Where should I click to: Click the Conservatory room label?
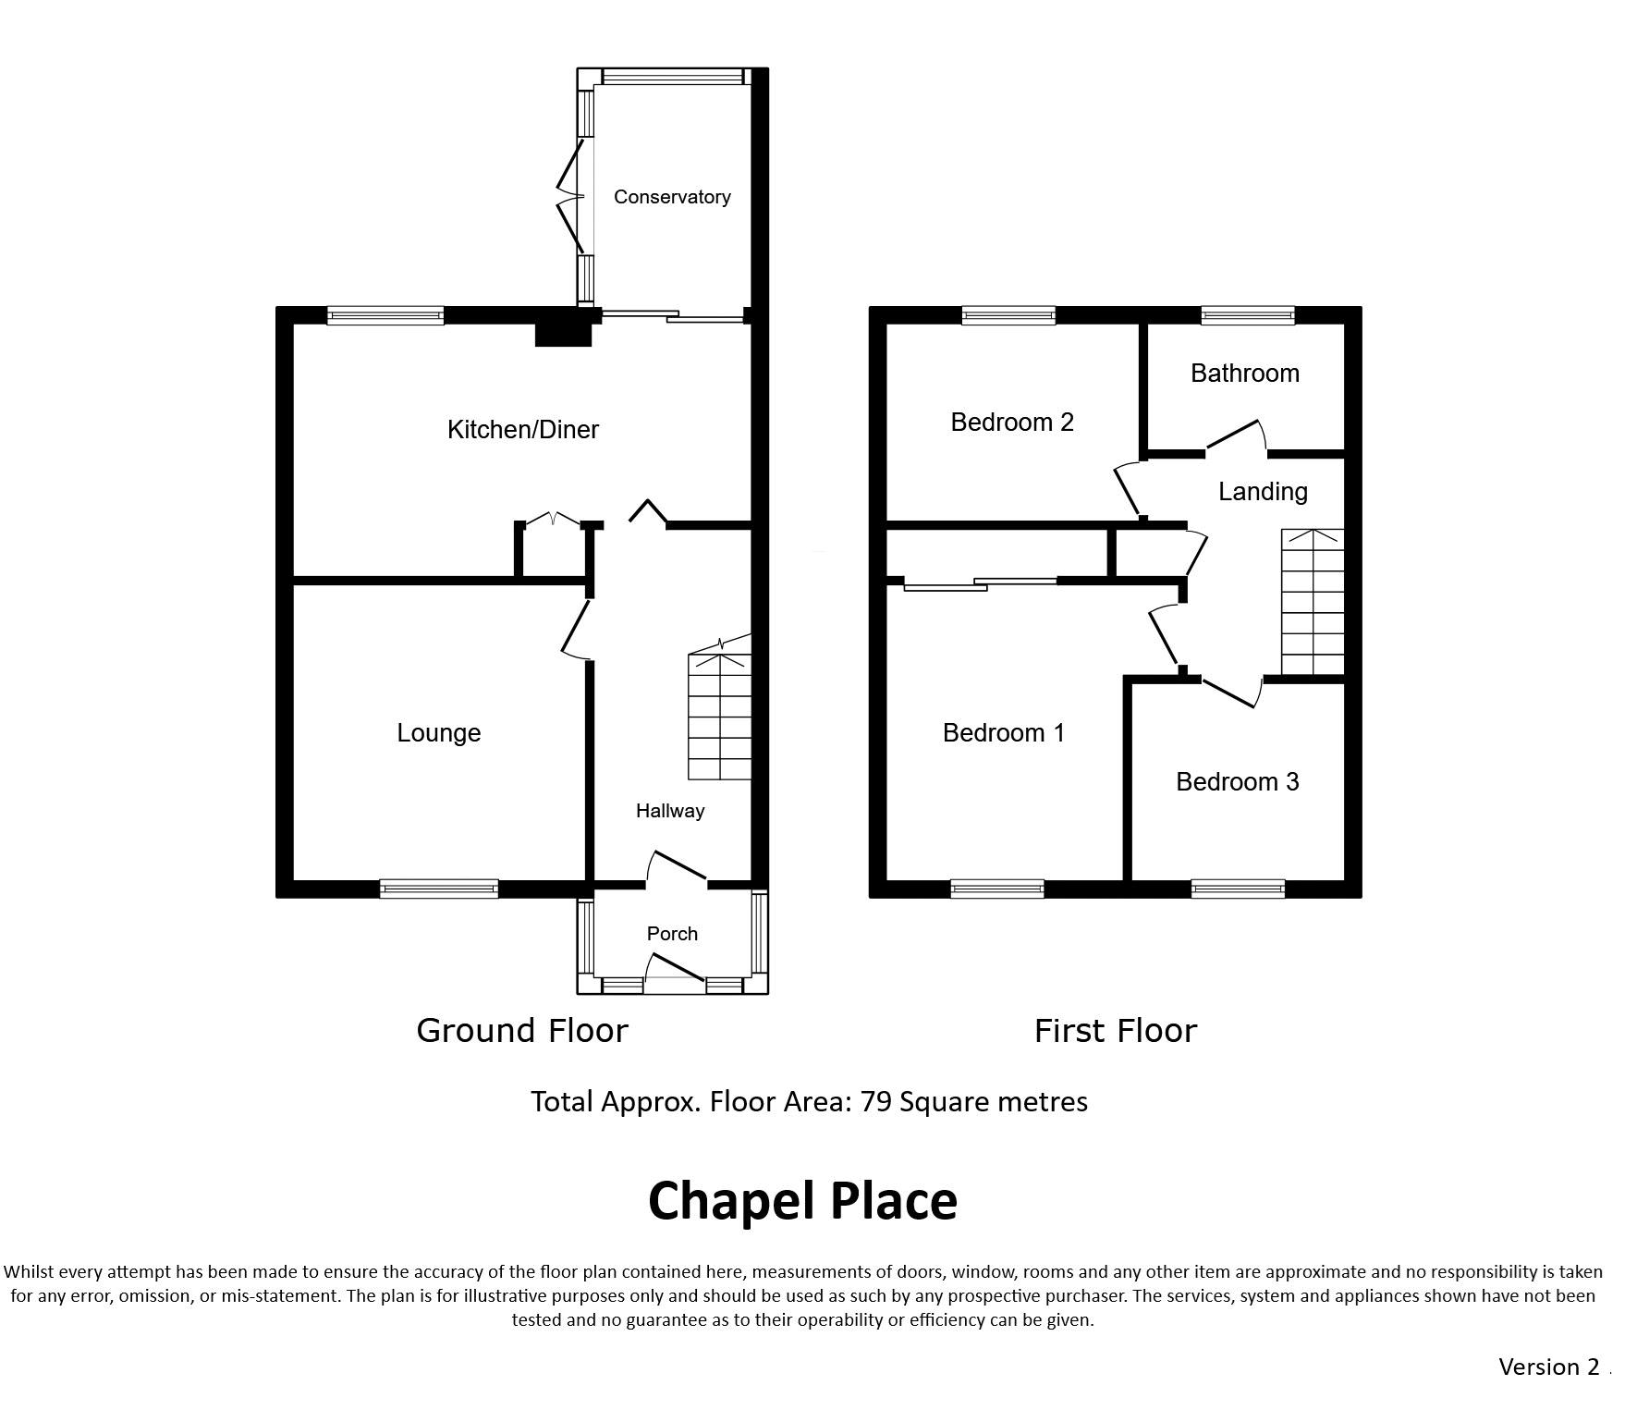click(672, 197)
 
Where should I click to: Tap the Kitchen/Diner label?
click(523, 429)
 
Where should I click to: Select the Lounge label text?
click(439, 733)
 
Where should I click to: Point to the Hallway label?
click(670, 811)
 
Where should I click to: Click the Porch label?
click(672, 934)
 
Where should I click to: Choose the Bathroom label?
click(1245, 374)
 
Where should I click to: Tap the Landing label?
click(1263, 492)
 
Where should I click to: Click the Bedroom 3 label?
click(1238, 782)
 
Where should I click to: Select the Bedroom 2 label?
click(1012, 423)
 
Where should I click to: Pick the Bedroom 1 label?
click(1004, 733)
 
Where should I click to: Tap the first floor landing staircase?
click(1313, 602)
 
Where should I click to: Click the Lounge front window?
click(439, 889)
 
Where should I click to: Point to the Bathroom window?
click(1248, 315)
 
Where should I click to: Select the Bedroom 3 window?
click(1239, 889)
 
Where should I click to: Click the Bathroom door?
click(1235, 437)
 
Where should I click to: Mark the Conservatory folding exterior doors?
click(570, 196)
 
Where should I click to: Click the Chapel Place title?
click(802, 1201)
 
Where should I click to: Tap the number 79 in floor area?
click(875, 1102)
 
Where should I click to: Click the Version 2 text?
click(1548, 1367)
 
